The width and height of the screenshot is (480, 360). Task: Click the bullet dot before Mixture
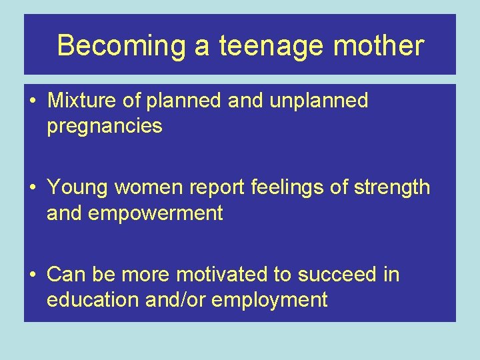tap(33, 101)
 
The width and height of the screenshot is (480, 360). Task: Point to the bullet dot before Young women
tap(33, 188)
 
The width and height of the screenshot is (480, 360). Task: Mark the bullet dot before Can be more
tap(33, 275)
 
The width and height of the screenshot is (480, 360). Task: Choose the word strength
tap(393, 187)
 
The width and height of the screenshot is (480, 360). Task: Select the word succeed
tap(337, 274)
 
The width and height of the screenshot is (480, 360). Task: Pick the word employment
tap(269, 300)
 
